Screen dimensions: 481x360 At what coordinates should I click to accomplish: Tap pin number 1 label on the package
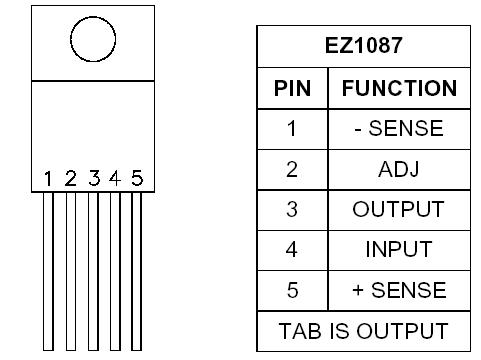(x=48, y=180)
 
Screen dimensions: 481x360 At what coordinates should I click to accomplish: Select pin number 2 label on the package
(x=70, y=180)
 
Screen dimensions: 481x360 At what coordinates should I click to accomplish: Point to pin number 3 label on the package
(x=93, y=180)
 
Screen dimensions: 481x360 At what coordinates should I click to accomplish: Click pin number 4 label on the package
(x=115, y=180)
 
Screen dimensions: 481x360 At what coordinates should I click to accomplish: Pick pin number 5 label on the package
(x=137, y=180)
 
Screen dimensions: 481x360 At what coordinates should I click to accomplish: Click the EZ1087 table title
(x=364, y=47)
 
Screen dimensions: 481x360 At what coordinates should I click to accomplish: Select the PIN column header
(x=292, y=88)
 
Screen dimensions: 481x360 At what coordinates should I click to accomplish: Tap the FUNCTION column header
(x=399, y=88)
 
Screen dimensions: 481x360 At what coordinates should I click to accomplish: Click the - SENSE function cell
(x=399, y=129)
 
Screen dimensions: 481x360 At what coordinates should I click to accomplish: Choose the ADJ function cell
(x=399, y=169)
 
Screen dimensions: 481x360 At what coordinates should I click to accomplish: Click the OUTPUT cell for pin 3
(x=399, y=210)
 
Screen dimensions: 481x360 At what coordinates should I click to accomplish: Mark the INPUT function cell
(x=399, y=250)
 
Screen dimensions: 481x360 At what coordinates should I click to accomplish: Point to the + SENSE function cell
(x=399, y=291)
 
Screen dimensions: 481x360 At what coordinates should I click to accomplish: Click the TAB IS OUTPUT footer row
(x=364, y=331)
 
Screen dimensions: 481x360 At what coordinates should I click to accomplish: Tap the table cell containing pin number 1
(x=292, y=129)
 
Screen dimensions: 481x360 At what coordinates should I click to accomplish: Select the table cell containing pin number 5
(x=292, y=291)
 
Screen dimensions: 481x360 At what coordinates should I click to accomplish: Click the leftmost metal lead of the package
(x=49, y=270)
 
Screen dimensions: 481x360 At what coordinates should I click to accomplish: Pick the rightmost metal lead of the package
(x=137, y=270)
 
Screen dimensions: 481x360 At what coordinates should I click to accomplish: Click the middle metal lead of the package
(x=93, y=270)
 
